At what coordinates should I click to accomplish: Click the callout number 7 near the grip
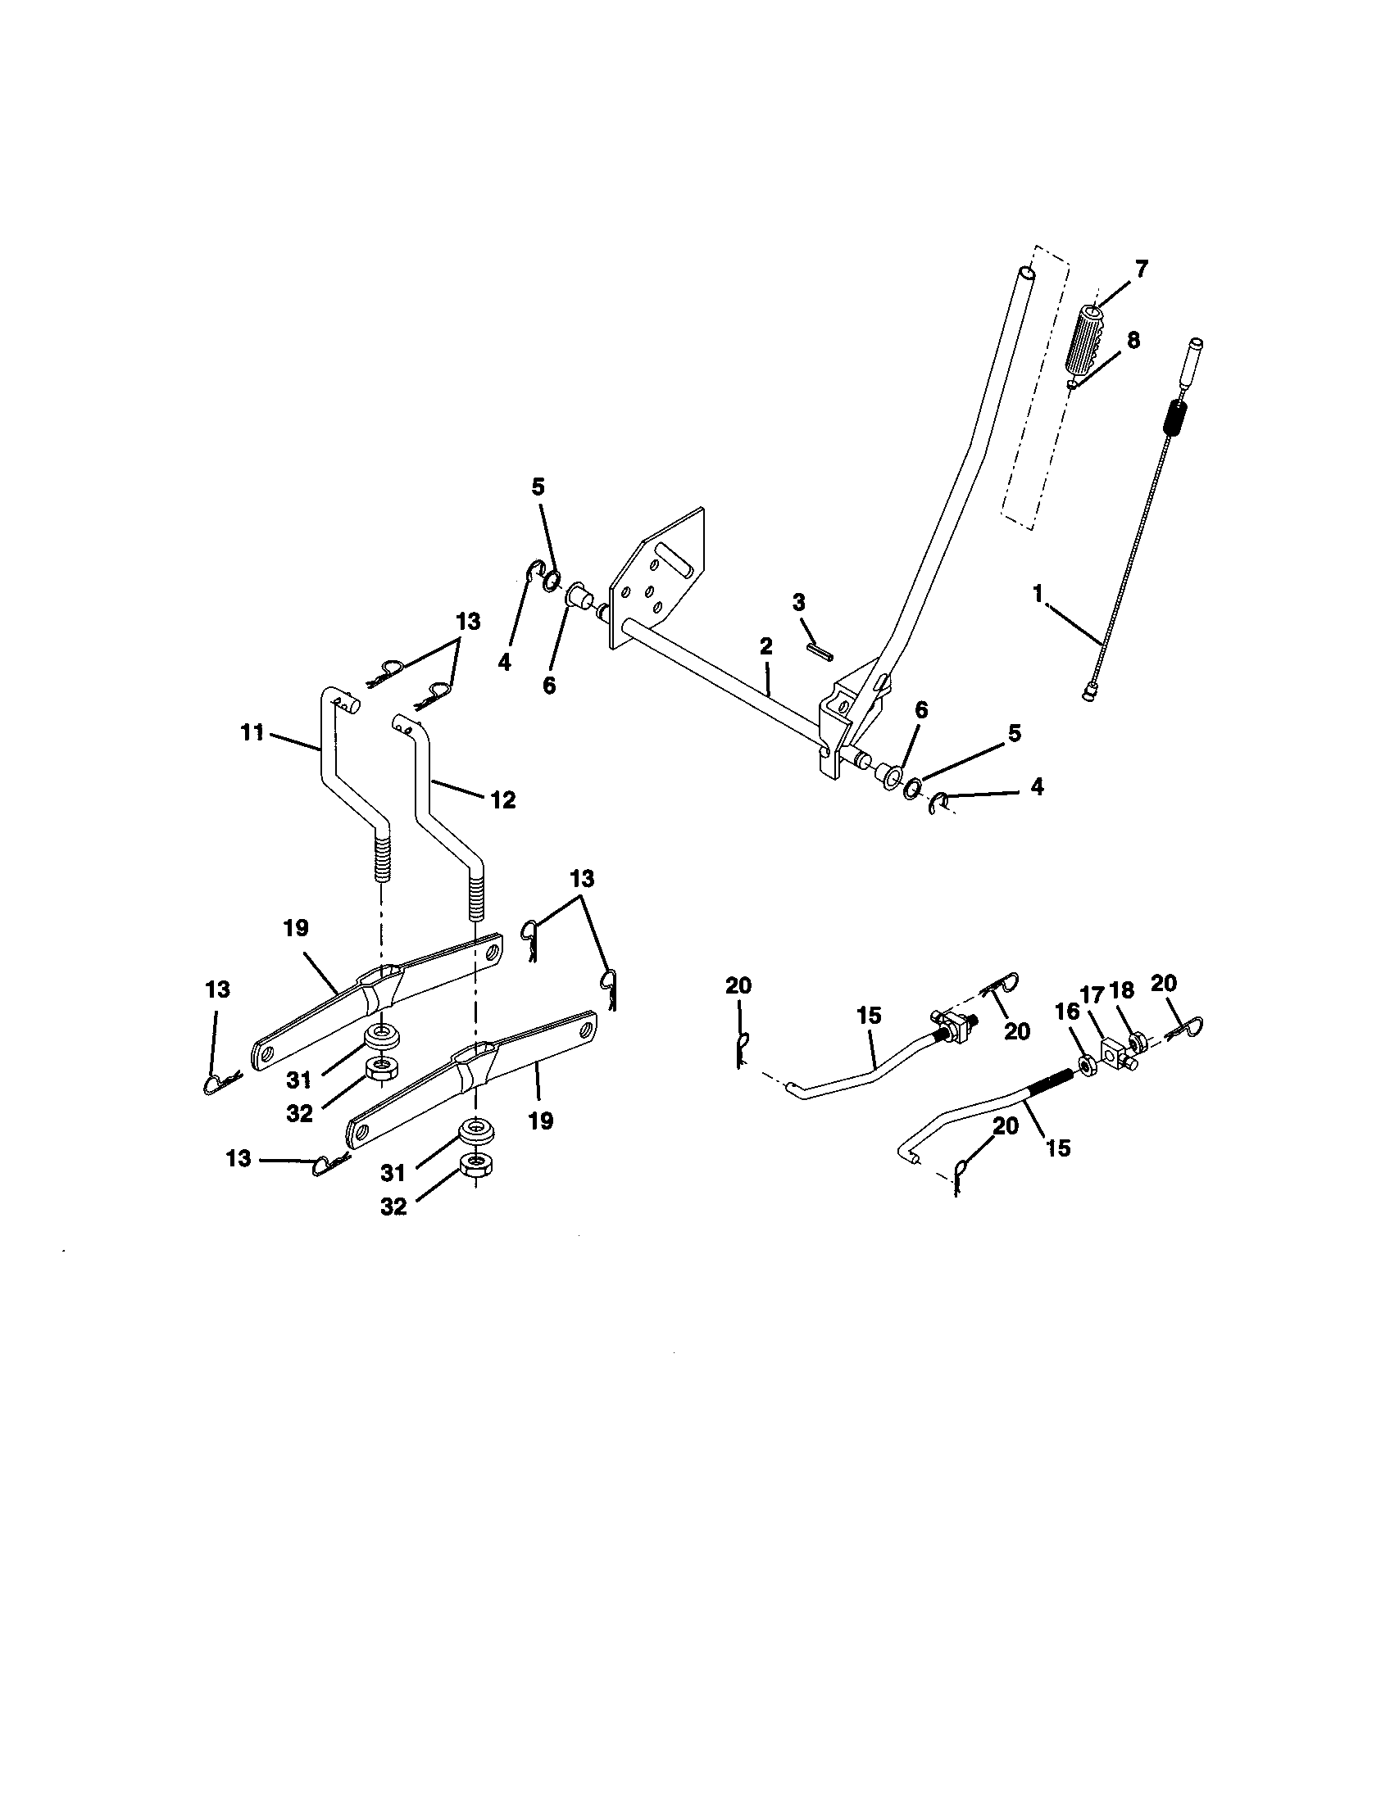1142,269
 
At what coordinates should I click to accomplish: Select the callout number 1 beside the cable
1038,593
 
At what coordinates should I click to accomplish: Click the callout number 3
798,602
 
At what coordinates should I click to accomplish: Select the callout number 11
252,731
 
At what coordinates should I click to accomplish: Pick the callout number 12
502,799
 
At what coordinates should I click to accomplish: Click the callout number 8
1133,340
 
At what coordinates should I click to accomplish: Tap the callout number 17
1092,996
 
